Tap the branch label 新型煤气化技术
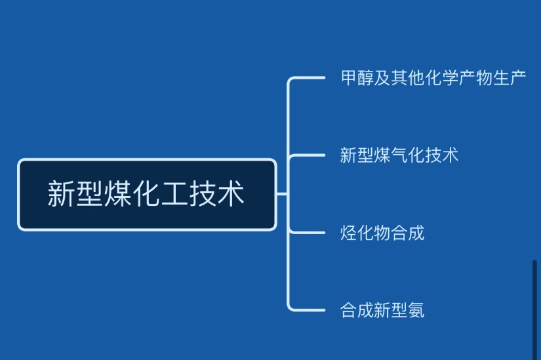coord(399,155)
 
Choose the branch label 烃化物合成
coord(382,233)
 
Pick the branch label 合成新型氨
coord(382,310)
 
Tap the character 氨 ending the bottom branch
coord(416,310)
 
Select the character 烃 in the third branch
coord(348,233)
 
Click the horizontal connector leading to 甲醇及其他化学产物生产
coord(307,78)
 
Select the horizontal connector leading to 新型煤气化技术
coord(307,155)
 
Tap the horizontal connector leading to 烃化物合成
coord(307,232)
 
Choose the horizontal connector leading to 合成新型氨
coord(307,309)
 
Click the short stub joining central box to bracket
coord(282,194)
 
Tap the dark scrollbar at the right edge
coord(534,308)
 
